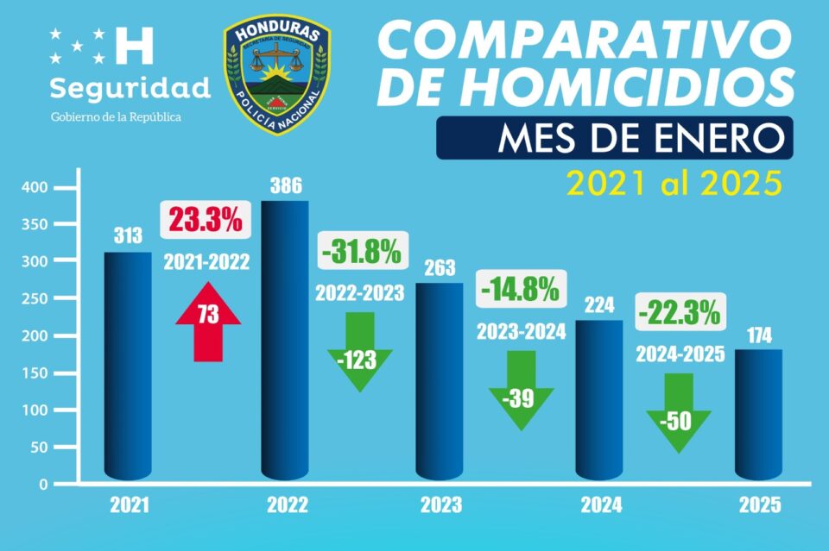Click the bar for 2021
point(127,366)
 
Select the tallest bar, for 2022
point(285,341)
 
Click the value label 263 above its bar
point(439,267)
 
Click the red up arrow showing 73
point(208,318)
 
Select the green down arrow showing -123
point(360,353)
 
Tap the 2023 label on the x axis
point(440,505)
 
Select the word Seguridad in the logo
point(130,88)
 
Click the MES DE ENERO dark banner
point(614,138)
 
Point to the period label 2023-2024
point(521,330)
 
